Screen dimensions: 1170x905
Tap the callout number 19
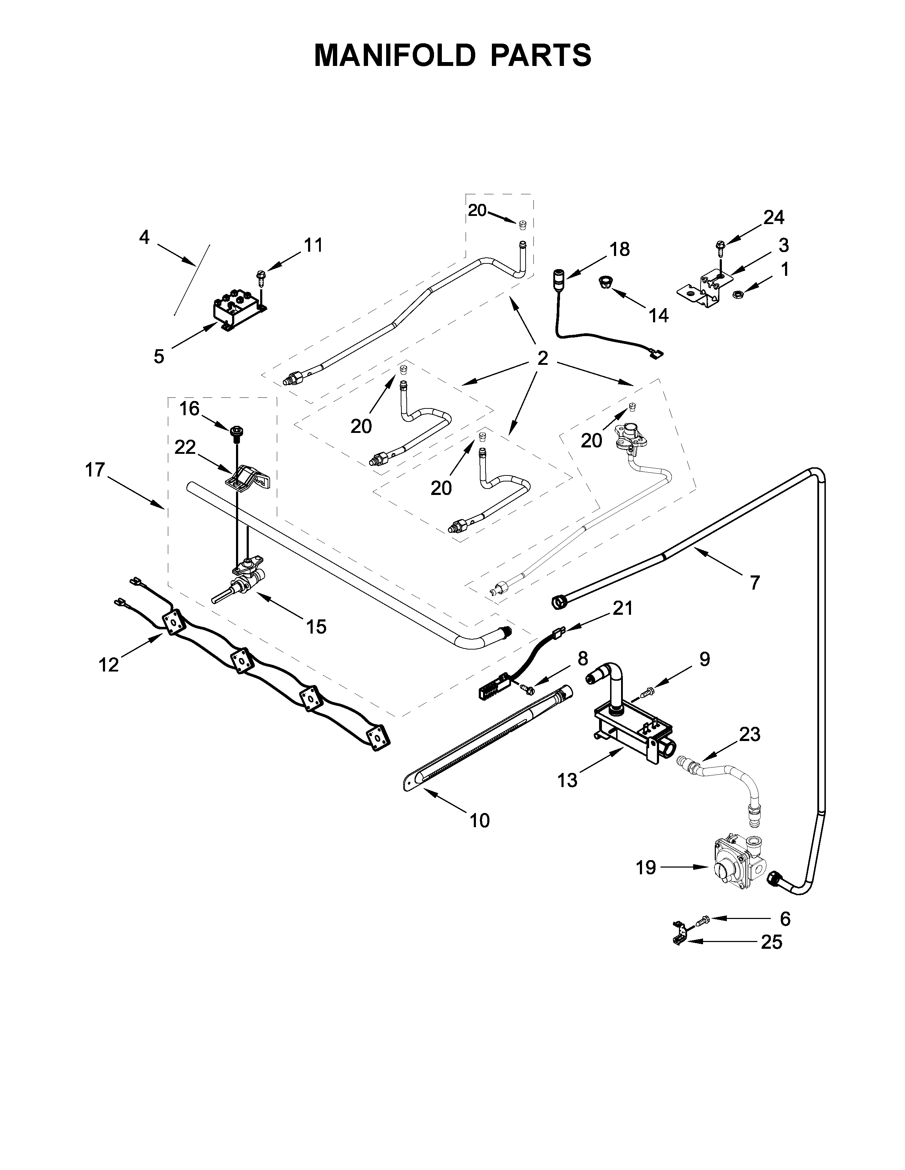click(646, 867)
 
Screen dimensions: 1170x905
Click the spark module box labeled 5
click(237, 311)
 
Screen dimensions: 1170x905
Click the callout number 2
click(543, 358)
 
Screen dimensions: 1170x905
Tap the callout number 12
click(109, 665)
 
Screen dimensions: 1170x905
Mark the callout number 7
click(755, 582)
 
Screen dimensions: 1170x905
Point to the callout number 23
click(749, 735)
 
